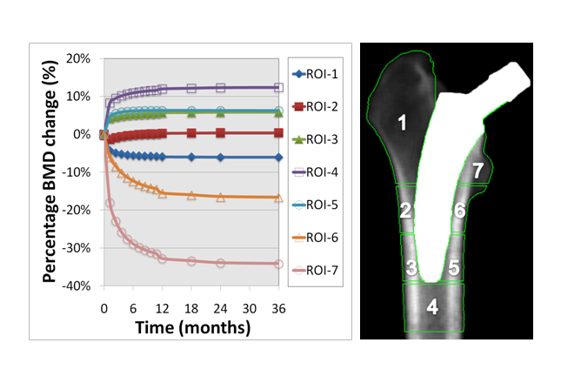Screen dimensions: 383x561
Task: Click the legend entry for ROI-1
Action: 315,74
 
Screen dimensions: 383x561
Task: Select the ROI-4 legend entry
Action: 315,172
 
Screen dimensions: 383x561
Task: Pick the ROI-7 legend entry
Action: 315,271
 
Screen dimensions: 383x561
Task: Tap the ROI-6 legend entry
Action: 315,238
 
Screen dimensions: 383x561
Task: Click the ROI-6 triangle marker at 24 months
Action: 221,197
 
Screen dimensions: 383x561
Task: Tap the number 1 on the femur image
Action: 402,124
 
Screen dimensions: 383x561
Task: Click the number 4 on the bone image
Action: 432,306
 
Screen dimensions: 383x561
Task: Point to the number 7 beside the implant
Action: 478,169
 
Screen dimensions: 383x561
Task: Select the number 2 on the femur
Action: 405,210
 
